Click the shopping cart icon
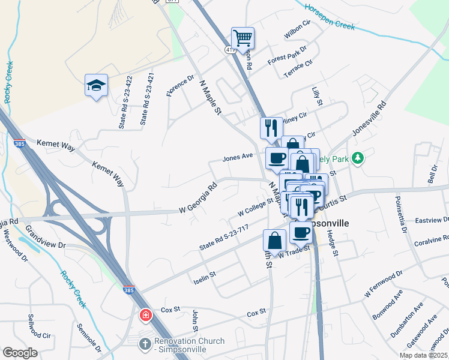[x=243, y=38]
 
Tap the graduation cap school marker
[x=96, y=86]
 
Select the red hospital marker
[x=145, y=315]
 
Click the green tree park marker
[x=358, y=158]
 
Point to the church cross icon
[x=144, y=345]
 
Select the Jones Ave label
[x=238, y=158]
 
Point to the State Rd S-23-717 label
[x=223, y=238]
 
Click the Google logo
[x=20, y=353]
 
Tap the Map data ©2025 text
[x=423, y=355]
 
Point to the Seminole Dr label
[x=88, y=338]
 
